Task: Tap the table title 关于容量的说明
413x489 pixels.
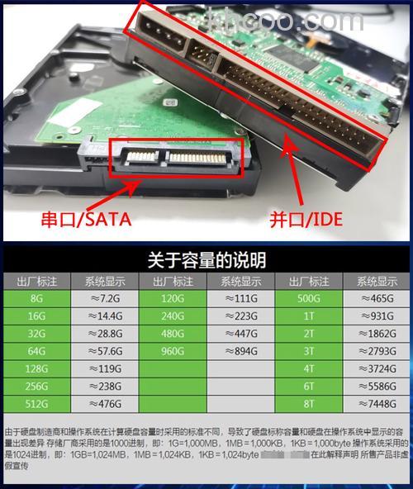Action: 206,261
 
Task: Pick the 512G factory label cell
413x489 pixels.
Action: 36,404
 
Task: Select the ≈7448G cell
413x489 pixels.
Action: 377,404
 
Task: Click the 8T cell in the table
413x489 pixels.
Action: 309,404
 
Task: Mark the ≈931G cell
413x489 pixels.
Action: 377,315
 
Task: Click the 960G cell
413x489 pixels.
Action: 172,350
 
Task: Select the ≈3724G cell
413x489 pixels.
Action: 377,368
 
